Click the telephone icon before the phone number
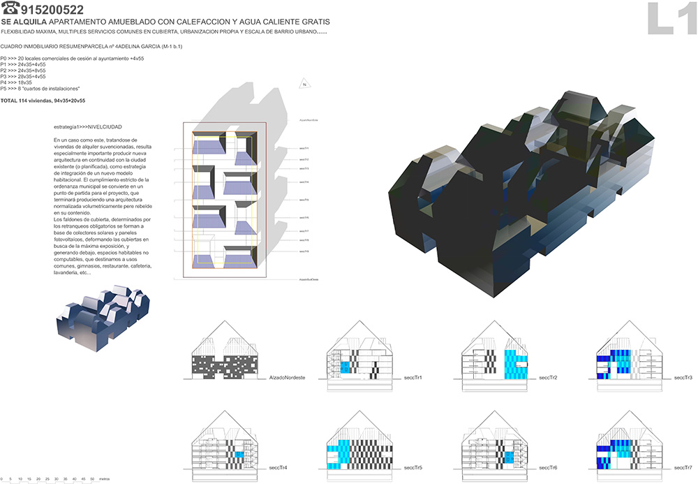[10, 10]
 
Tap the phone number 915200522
[52, 10]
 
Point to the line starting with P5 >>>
[40, 89]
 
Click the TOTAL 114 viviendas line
[43, 101]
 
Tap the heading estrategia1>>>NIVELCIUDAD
[87, 128]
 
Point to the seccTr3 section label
[683, 378]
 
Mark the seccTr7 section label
[683, 467]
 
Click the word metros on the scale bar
[104, 478]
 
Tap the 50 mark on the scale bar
[93, 478]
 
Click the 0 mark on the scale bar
[2, 478]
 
